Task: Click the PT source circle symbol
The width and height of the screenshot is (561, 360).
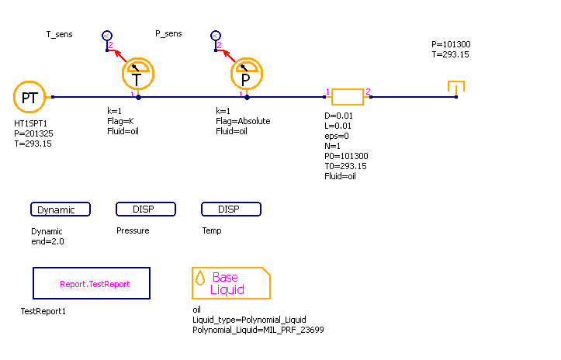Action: click(29, 97)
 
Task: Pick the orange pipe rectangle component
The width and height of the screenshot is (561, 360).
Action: click(348, 97)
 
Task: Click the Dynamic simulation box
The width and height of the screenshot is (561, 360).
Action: click(61, 209)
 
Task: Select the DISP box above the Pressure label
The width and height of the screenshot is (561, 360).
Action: click(146, 209)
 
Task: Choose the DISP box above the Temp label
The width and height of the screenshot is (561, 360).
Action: click(231, 209)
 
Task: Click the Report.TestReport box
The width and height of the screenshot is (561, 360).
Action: click(92, 284)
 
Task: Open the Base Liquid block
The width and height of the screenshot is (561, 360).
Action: click(231, 283)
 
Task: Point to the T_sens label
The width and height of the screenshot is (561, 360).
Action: click(60, 34)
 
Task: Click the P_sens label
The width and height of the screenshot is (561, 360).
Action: click(168, 34)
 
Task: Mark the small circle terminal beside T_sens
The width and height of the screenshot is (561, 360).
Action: click(107, 36)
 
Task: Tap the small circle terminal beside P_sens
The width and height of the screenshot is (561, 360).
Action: click(216, 36)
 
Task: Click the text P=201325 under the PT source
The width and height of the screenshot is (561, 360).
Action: click(33, 133)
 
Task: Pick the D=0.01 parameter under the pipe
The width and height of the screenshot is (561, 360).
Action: click(339, 116)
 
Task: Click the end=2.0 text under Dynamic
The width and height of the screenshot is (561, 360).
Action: click(48, 242)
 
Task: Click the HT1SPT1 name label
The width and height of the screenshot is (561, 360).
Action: click(31, 123)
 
